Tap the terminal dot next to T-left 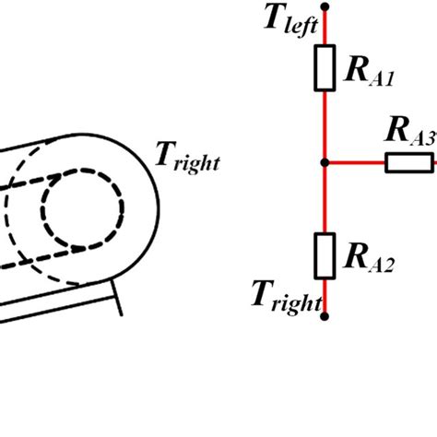(325, 6)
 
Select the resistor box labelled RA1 (325, 69)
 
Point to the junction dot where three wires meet (325, 163)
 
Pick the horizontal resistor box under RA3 (406, 163)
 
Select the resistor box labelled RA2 (325, 255)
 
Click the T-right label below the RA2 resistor (286, 297)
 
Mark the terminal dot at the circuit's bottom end (325, 316)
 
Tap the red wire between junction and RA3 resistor (355, 163)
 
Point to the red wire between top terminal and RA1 (325, 28)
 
